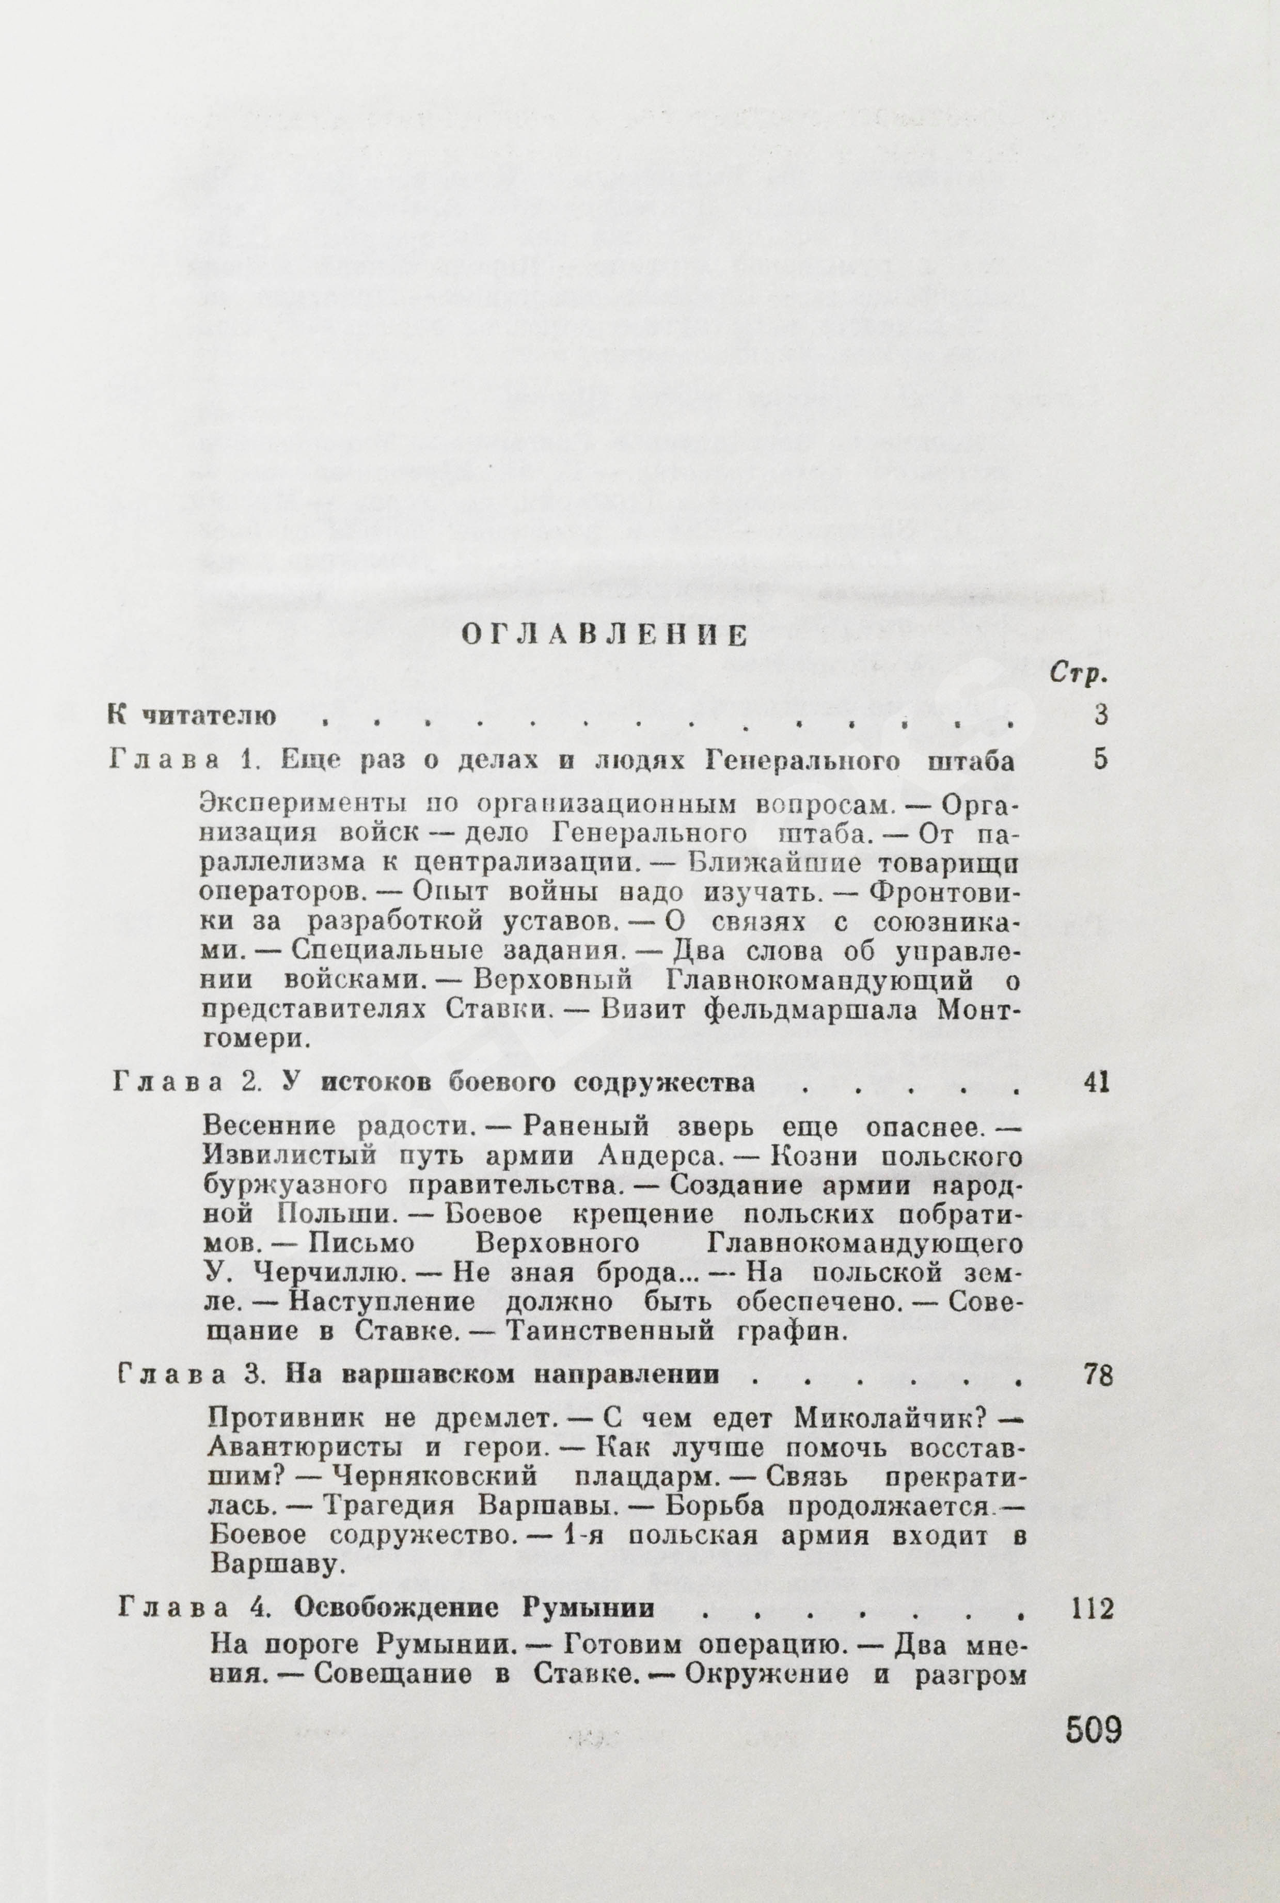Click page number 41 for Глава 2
[x=1094, y=1083]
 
